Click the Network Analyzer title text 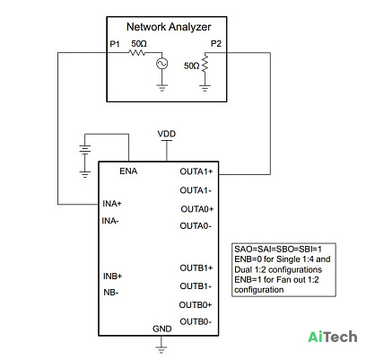tap(169, 27)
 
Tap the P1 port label tap(115, 44)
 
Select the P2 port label tap(216, 44)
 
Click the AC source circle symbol tap(162, 64)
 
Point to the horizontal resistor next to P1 tap(137, 53)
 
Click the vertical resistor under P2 tap(205, 63)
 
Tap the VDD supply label tap(167, 134)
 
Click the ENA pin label tap(128, 171)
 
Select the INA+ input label tap(112, 204)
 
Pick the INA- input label tap(110, 221)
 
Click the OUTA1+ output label tap(196, 171)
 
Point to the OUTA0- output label tap(196, 226)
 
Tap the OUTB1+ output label tap(196, 268)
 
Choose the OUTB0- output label tap(196, 321)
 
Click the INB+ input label tap(113, 276)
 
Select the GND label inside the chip tap(162, 329)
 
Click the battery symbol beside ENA tap(85, 149)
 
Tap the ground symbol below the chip tap(161, 349)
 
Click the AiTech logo tap(333, 337)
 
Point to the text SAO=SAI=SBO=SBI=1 tap(278, 250)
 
